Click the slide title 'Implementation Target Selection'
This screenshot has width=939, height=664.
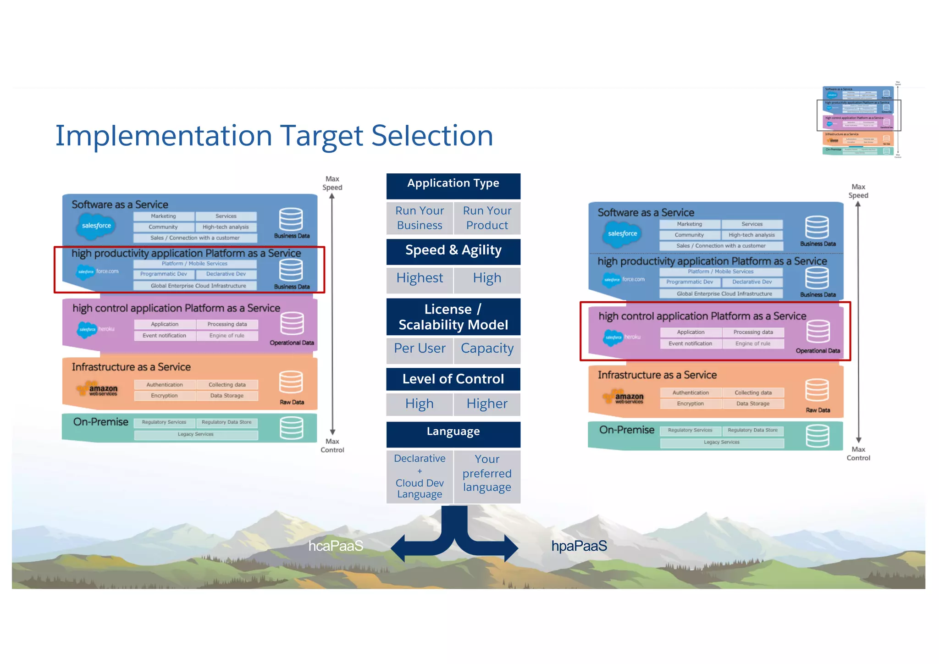[x=274, y=136]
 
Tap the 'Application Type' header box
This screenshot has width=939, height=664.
[x=453, y=184]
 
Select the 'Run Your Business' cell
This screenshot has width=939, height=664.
[x=420, y=218]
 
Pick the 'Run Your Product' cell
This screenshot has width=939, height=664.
[x=487, y=218]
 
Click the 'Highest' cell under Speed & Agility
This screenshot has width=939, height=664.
[x=420, y=278]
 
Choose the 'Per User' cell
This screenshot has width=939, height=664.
[x=420, y=349]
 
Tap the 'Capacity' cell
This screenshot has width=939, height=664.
[x=487, y=349]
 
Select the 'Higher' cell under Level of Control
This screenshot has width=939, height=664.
[x=487, y=404]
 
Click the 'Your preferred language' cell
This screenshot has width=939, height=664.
[x=487, y=474]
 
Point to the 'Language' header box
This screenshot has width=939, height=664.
[x=453, y=432]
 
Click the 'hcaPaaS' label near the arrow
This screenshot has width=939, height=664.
[x=336, y=546]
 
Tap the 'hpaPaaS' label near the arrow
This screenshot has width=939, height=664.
[x=579, y=546]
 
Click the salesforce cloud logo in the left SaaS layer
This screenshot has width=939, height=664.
[x=96, y=226]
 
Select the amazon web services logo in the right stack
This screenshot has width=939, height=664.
[x=624, y=397]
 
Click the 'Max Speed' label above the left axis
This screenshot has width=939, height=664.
[x=332, y=183]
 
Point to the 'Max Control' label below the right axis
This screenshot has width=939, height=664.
[x=858, y=454]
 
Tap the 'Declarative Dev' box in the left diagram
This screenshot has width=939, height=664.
[x=226, y=274]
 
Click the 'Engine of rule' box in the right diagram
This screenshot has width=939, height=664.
[x=753, y=343]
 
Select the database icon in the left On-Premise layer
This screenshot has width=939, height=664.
[x=291, y=427]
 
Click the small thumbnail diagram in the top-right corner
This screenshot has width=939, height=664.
[x=859, y=121]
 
